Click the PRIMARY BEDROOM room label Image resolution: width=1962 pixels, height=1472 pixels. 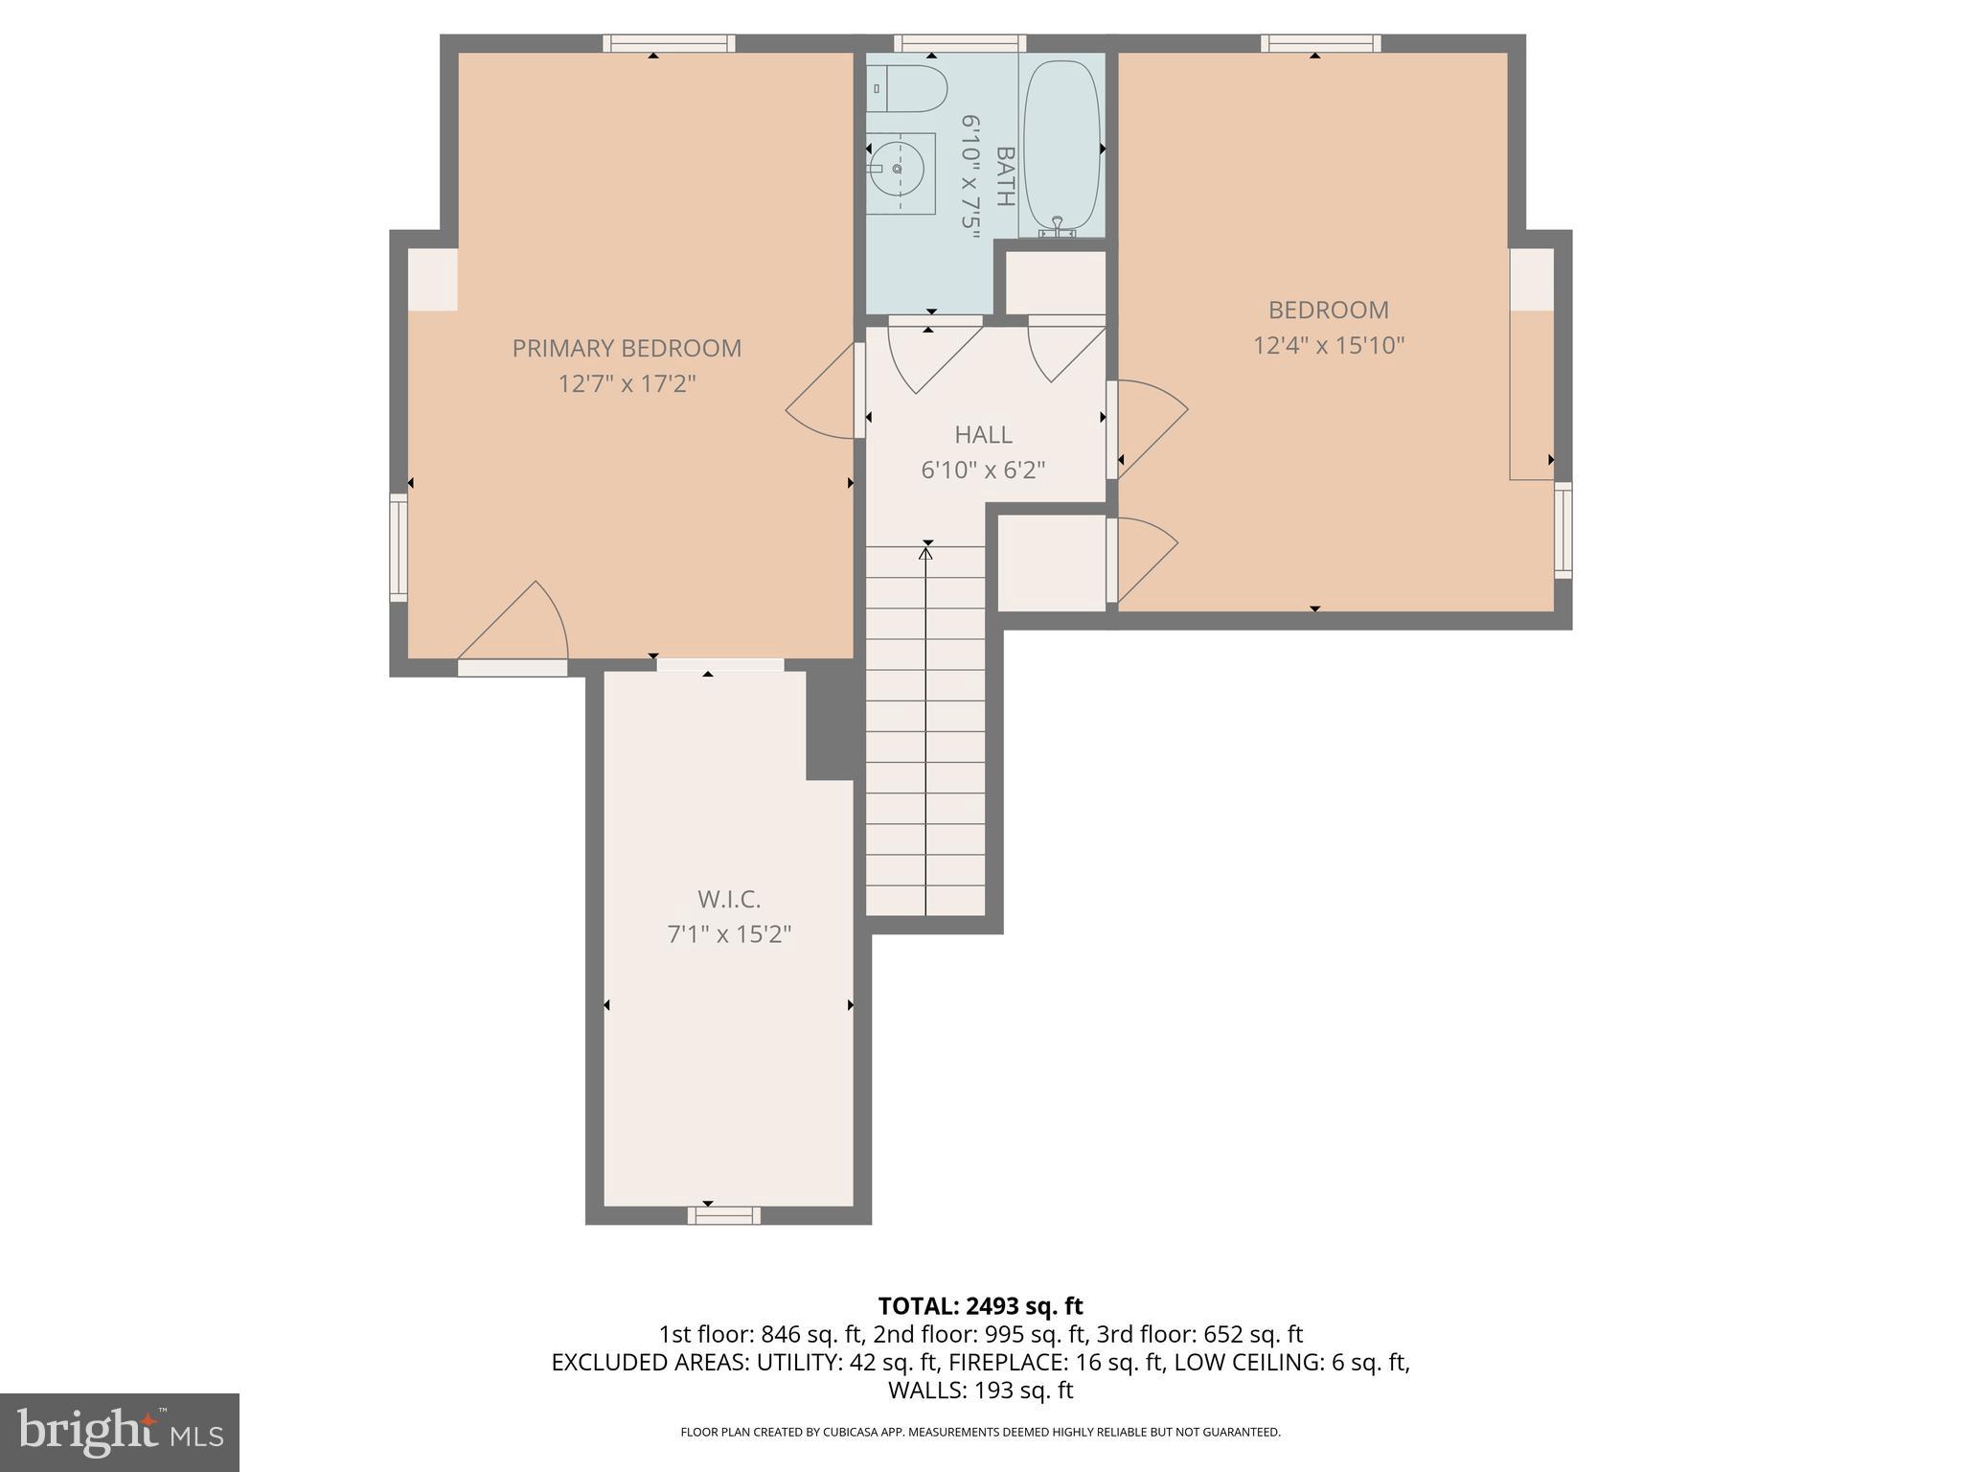pos(627,348)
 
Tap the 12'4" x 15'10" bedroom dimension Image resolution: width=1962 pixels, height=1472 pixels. pos(1328,345)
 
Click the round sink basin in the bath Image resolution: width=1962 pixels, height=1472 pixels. pos(898,169)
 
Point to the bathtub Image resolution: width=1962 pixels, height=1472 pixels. pos(1061,144)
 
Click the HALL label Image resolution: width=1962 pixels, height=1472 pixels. pos(983,435)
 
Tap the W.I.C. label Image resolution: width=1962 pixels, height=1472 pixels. pos(729,899)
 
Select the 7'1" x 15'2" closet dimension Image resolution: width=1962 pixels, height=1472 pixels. pos(729,933)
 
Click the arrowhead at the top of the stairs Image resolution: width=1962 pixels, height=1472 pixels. pos(925,552)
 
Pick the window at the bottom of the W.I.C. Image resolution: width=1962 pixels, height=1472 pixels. pos(723,1215)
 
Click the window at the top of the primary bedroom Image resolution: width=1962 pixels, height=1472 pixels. pos(669,43)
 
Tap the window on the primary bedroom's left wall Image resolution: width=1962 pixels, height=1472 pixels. pos(399,547)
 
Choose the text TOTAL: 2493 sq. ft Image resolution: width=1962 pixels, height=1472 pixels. pos(980,1305)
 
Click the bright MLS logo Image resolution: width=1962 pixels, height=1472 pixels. pos(119,1432)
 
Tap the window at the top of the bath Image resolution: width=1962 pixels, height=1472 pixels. pos(960,43)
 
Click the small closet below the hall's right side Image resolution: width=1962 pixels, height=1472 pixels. pos(1051,563)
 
